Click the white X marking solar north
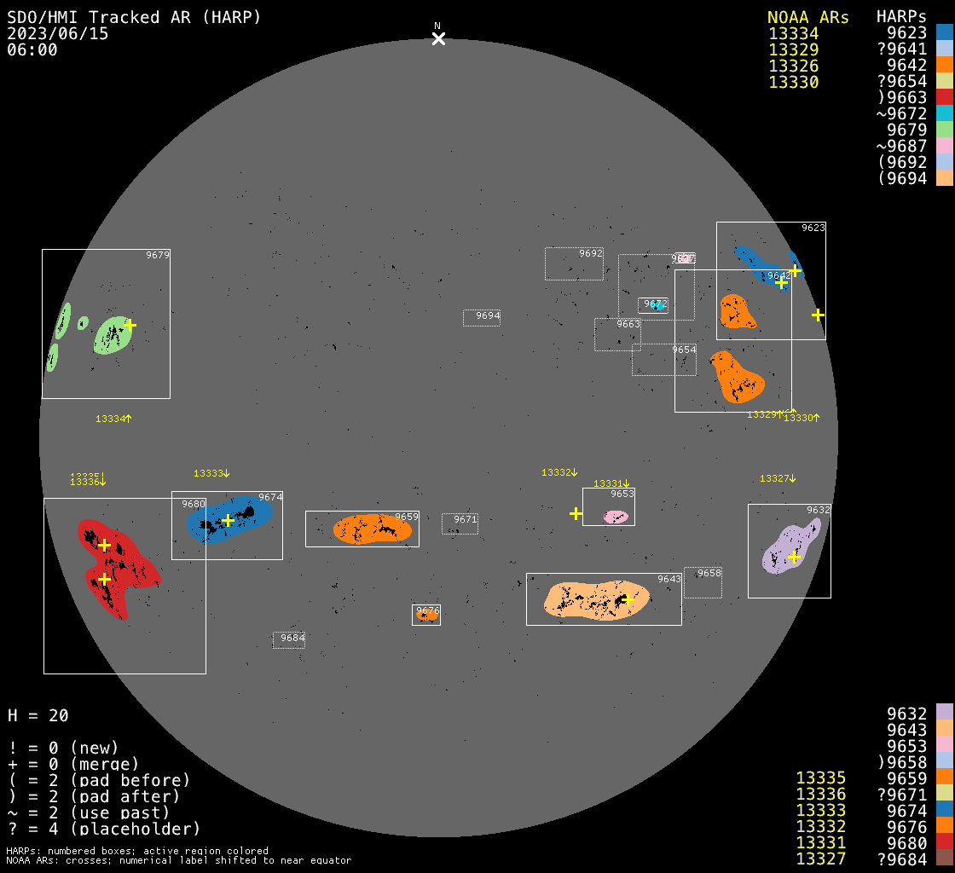438,38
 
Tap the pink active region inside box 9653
616,517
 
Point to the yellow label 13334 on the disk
113,419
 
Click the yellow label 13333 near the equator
211,473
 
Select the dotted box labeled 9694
481,317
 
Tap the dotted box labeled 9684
289,639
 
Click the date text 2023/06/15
58,34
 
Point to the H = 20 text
38,715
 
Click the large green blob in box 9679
111,335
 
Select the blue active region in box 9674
230,519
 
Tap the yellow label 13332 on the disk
559,472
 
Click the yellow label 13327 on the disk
778,478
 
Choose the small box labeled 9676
426,614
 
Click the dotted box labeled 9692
574,263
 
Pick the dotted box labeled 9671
460,523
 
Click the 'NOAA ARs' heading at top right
807,18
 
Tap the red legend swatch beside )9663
944,98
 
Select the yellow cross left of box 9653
576,513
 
